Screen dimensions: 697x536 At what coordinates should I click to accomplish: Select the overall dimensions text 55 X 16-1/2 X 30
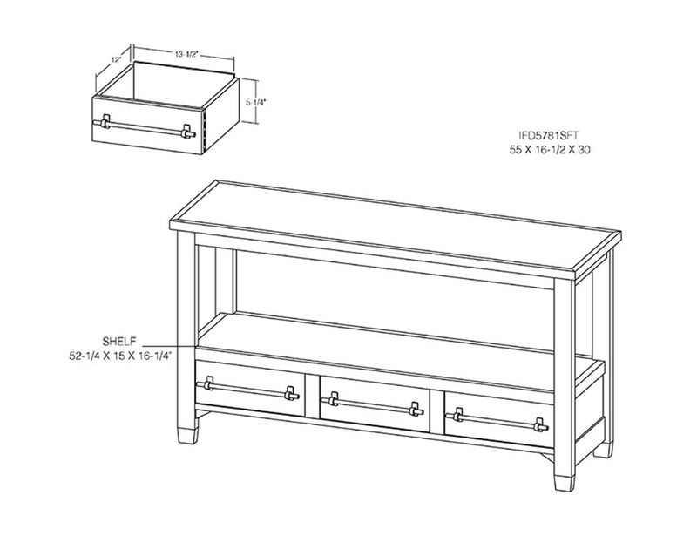(x=550, y=150)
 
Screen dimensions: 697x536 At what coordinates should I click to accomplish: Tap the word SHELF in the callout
(x=119, y=342)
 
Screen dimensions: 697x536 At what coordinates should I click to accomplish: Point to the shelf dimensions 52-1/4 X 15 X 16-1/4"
(x=120, y=356)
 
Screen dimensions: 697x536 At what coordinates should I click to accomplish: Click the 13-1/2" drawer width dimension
(x=186, y=54)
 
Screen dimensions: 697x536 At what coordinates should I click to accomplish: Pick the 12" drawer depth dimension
(x=117, y=59)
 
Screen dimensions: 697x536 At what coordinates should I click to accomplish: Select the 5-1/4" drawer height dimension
(x=255, y=102)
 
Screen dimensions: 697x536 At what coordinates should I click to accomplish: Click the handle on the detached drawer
(x=144, y=127)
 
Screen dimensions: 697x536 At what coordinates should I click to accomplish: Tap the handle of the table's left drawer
(x=247, y=389)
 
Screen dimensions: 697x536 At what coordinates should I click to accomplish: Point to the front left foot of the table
(x=187, y=436)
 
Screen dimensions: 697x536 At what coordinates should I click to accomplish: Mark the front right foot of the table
(x=565, y=483)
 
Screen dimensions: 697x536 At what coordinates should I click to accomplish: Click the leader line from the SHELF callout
(x=170, y=346)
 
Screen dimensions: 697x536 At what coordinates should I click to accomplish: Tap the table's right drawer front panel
(x=499, y=419)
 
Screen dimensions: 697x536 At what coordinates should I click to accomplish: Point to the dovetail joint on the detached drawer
(x=205, y=131)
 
